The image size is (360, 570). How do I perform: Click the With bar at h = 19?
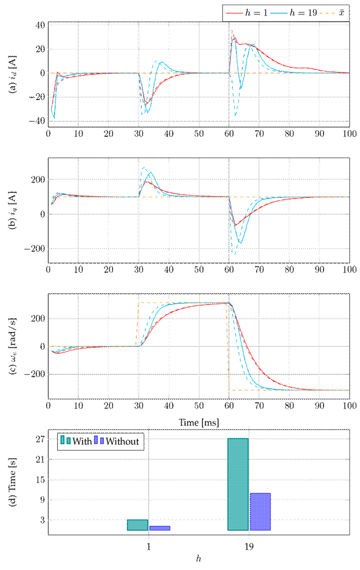238,484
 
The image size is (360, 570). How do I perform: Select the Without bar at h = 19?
260,511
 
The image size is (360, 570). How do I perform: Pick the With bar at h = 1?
137,525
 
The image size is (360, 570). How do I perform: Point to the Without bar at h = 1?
160,528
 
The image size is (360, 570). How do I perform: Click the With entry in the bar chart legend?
76,441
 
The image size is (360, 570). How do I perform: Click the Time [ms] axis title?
199,422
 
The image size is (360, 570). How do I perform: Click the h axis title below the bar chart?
199,559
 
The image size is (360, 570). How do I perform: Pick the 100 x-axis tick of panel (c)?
349,407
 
